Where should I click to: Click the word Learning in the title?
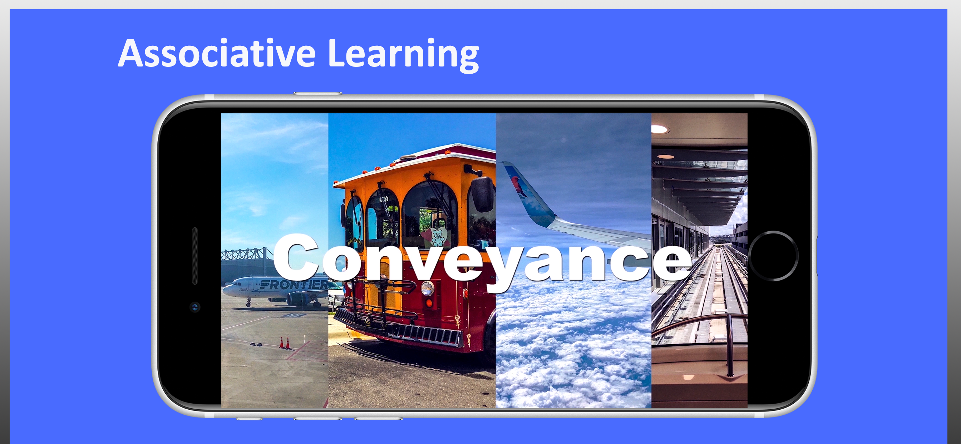[x=403, y=55]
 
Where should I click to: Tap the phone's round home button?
[x=773, y=256]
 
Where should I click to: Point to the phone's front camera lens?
[x=195, y=307]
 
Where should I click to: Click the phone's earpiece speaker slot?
[x=195, y=256]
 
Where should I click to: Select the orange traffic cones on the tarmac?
[x=285, y=342]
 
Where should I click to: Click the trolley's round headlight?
[x=428, y=288]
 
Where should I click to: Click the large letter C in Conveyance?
[x=296, y=257]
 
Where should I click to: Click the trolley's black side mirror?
[x=483, y=194]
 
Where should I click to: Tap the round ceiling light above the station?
[x=659, y=129]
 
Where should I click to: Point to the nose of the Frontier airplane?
[x=224, y=290]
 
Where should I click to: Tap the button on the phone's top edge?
[x=318, y=93]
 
